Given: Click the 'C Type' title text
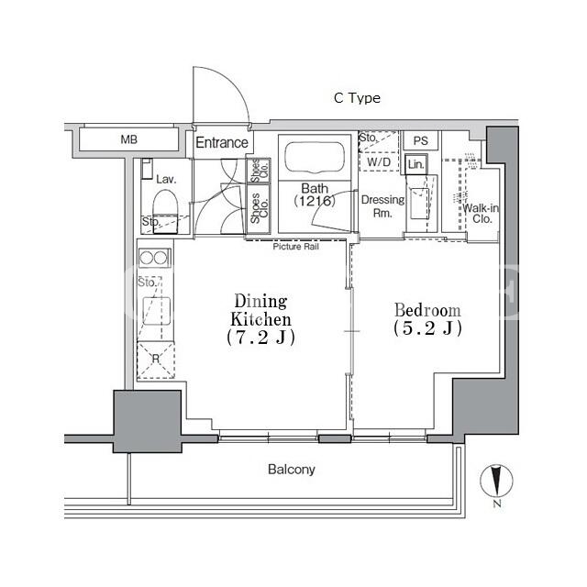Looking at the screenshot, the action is [357, 98].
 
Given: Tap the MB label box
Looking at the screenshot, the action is [128, 139].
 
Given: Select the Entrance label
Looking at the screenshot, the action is [222, 143].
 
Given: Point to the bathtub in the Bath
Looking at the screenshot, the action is [315, 158].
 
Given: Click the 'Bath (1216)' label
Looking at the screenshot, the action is [315, 194].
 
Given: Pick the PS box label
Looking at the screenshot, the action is [420, 140].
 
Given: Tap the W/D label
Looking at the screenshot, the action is [379, 162].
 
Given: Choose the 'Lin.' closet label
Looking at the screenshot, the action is [415, 164].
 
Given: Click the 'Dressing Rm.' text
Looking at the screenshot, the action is [382, 206].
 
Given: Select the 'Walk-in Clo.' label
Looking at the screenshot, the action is [481, 214].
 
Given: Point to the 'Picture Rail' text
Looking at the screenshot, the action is [295, 247].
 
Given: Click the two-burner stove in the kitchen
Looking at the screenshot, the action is [155, 258].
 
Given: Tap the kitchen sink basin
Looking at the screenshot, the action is [156, 312].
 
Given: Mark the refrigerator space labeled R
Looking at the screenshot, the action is [155, 360].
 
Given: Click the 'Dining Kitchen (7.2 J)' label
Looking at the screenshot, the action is [260, 319].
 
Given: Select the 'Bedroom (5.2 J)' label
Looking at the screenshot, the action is [427, 319].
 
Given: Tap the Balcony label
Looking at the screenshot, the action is [292, 470].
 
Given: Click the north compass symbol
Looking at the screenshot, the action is [496, 481].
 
